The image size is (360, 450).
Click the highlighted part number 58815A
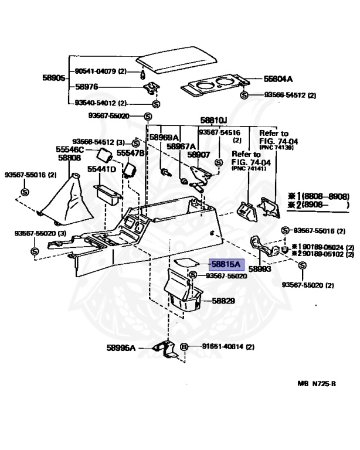[x=222, y=265]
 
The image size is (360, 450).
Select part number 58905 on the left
[x=53, y=77]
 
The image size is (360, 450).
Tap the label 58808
[x=69, y=158]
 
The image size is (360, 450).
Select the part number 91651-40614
[x=217, y=347]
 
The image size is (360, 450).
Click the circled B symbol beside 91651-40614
[x=184, y=347]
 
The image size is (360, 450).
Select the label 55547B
[x=130, y=153]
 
